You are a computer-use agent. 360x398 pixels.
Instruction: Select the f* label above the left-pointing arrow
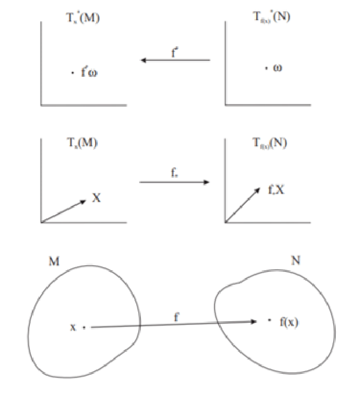point(175,52)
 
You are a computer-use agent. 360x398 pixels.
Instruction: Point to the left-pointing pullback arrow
point(175,61)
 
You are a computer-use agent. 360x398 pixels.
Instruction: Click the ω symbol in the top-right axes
point(278,67)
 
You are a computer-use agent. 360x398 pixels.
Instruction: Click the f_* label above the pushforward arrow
point(175,174)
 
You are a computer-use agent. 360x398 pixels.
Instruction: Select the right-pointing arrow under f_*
point(175,182)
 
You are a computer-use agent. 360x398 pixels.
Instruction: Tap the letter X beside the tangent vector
point(96,197)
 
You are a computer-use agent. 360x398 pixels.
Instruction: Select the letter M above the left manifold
point(53,262)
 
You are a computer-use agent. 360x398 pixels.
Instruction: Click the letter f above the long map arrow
point(176,317)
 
